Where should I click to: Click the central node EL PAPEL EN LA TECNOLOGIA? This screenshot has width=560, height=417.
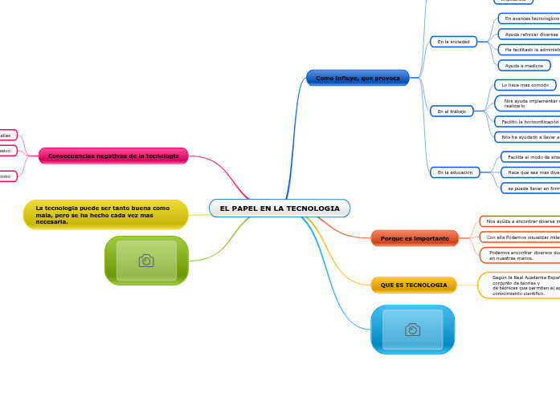(280, 208)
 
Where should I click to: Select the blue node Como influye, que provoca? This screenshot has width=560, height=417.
(358, 78)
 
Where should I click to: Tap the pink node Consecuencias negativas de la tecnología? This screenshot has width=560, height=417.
(113, 156)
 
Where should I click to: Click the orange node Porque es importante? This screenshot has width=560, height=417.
(415, 238)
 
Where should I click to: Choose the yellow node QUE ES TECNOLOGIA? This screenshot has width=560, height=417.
(414, 285)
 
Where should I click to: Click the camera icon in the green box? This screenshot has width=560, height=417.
(146, 261)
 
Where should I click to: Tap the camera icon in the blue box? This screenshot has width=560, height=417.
(412, 330)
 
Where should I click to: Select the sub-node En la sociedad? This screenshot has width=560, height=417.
(453, 42)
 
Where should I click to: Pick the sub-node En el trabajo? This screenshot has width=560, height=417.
(452, 111)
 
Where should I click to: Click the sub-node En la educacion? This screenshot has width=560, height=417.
(455, 172)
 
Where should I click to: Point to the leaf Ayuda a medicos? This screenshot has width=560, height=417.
(524, 66)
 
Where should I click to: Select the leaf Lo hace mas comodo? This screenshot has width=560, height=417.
(525, 85)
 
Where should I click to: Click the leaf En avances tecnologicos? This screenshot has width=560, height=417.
(530, 18)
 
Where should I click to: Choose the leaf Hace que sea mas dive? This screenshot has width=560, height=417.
(532, 172)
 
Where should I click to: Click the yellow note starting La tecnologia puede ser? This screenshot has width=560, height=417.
(105, 215)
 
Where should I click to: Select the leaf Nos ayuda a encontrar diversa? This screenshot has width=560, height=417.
(521, 221)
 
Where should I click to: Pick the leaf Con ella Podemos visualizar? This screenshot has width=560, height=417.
(521, 237)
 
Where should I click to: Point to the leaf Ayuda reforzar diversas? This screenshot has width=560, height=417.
(530, 34)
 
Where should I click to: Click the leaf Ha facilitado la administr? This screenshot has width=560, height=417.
(530, 50)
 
